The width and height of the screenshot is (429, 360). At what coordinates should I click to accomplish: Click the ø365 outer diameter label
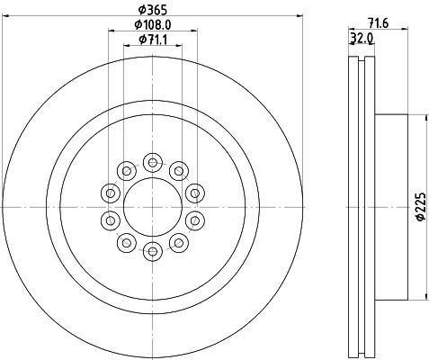pos(152,10)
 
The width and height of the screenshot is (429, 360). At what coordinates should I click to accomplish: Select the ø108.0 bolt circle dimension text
pos(153,25)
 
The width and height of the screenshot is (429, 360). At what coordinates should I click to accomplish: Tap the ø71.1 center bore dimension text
pos(153,40)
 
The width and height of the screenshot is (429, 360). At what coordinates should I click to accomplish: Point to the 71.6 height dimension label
pos(378,23)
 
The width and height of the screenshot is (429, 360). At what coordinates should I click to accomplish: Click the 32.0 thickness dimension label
pos(362,38)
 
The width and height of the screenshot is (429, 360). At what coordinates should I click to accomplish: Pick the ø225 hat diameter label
pos(421,207)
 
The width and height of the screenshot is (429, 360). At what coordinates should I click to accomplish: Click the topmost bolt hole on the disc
pos(153,163)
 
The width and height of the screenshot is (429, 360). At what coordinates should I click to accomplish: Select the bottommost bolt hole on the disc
pos(153,251)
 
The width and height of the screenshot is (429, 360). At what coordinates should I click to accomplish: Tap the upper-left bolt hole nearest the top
pos(127,171)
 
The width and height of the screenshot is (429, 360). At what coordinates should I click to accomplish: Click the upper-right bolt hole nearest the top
pos(179,171)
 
